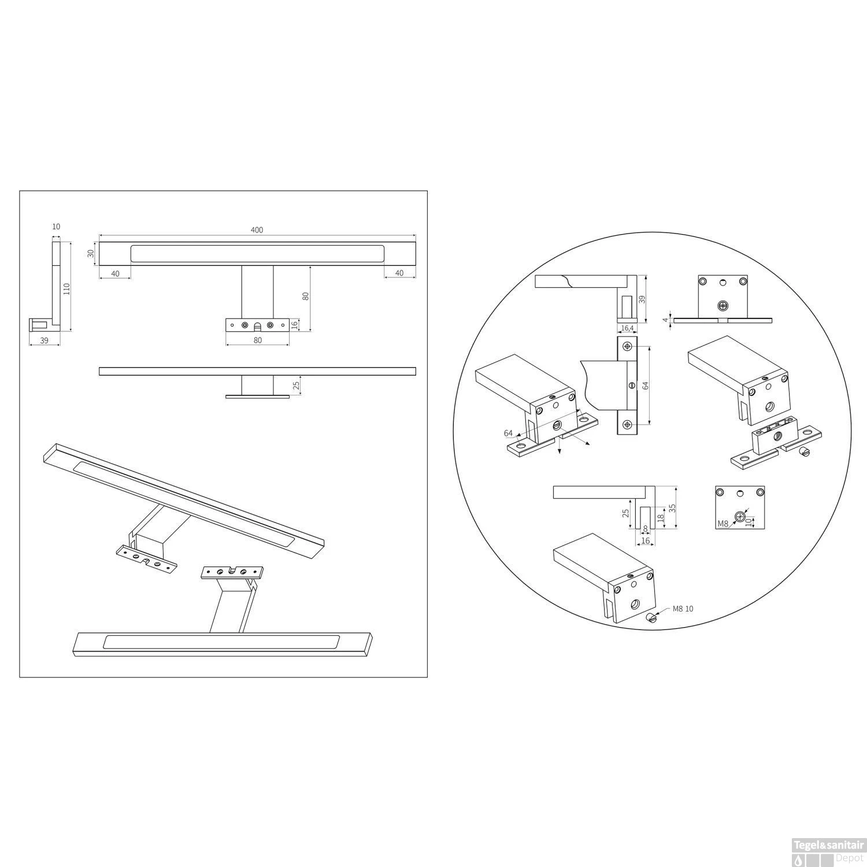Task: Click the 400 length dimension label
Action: (x=257, y=230)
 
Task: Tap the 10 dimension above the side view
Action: (x=56, y=227)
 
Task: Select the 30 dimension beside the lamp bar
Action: (x=91, y=254)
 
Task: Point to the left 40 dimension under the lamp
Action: (x=115, y=273)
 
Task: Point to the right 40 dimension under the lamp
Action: (x=399, y=273)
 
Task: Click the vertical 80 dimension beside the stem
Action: (x=306, y=296)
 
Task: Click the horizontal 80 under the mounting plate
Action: (x=257, y=340)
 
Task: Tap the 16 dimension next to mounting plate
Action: (x=294, y=324)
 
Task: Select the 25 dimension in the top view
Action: (x=297, y=386)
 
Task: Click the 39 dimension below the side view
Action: (x=44, y=340)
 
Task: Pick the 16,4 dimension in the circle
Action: (x=627, y=328)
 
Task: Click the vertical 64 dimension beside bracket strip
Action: (x=645, y=384)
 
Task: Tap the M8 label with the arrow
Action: (x=722, y=524)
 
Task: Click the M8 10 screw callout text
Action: (x=683, y=609)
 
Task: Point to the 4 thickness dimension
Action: (x=666, y=320)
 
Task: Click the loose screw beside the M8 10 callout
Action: (x=651, y=618)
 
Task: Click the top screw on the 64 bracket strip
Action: (x=627, y=347)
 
